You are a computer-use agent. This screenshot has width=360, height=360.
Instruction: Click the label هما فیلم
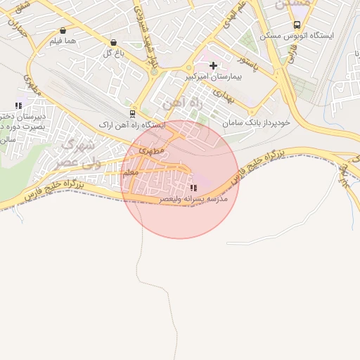[x=63, y=41]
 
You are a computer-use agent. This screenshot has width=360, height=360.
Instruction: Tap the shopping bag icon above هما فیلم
[x=64, y=30]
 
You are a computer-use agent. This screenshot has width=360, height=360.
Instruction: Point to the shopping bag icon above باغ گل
[x=114, y=42]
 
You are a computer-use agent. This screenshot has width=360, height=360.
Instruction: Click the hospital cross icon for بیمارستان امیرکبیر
[x=214, y=65]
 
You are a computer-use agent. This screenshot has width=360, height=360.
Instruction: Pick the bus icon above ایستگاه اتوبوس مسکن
[x=297, y=25]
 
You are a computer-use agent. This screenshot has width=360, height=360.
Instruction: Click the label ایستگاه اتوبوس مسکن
[x=297, y=35]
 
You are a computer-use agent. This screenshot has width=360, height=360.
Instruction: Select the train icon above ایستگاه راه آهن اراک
[x=132, y=113]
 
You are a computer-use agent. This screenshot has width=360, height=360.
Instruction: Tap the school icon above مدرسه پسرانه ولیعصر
[x=193, y=188]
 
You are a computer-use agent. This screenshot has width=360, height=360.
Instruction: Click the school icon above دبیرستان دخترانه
[x=18, y=106]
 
